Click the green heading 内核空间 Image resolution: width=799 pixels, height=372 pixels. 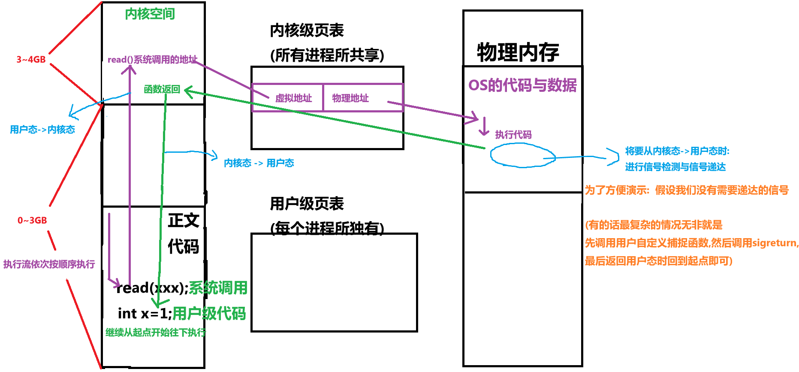pyautogui.click(x=150, y=14)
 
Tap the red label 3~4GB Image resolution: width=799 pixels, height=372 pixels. pyautogui.click(x=31, y=60)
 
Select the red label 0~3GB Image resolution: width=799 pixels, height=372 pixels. pyautogui.click(x=32, y=221)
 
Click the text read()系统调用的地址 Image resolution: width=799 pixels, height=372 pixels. pyautogui.click(x=153, y=60)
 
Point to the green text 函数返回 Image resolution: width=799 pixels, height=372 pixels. pyautogui.click(x=162, y=89)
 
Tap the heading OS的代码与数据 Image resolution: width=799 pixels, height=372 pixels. pyautogui.click(x=522, y=85)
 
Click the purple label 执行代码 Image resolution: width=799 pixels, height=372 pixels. pyautogui.click(x=513, y=135)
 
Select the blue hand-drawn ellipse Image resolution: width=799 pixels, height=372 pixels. pyautogui.click(x=522, y=155)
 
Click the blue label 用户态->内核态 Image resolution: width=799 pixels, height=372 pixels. pyautogui.click(x=42, y=130)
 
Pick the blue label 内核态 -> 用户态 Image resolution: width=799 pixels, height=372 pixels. pyautogui.click(x=259, y=163)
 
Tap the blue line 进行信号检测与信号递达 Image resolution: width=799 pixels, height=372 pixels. pyautogui.click(x=675, y=167)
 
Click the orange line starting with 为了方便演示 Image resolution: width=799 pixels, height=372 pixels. pyautogui.click(x=686, y=190)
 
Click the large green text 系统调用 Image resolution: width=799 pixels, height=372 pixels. pyautogui.click(x=218, y=287)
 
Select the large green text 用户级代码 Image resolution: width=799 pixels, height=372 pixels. pyautogui.click(x=209, y=314)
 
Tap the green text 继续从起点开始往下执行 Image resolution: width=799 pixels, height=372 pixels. pyautogui.click(x=156, y=333)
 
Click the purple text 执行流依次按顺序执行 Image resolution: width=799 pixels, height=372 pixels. pyautogui.click(x=49, y=264)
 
